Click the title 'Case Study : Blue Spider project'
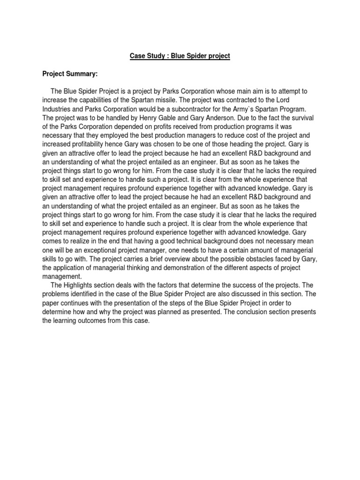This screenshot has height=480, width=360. [x=180, y=56]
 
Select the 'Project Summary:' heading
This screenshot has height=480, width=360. [x=71, y=74]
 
